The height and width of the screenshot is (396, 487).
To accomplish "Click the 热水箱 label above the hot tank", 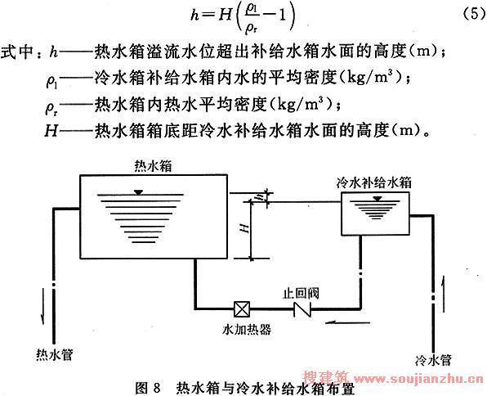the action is point(153,166).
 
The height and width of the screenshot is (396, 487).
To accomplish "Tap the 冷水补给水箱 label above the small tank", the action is point(374,182).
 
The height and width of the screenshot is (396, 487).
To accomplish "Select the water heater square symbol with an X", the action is point(242,309).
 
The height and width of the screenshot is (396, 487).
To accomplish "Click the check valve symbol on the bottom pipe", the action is point(302,309).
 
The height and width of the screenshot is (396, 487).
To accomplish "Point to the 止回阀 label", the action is point(301,294).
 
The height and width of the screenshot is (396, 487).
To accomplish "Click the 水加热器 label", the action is point(247,329).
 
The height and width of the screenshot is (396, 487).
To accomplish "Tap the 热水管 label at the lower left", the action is point(55,354).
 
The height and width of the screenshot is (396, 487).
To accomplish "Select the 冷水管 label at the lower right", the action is point(433,360).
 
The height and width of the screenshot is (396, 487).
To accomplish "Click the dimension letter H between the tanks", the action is point(245,228).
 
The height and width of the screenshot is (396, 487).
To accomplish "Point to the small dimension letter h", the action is point(261,197).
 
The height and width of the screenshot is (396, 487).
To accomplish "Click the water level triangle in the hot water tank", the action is point(139,192).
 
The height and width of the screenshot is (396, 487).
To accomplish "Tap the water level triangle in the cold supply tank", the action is point(378,199).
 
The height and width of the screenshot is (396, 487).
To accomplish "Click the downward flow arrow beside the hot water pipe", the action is point(42,307).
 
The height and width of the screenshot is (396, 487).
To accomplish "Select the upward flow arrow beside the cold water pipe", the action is point(442,293).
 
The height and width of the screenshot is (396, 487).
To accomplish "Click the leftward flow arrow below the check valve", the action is point(347,323).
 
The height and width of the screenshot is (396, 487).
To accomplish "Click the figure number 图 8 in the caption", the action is point(148,388).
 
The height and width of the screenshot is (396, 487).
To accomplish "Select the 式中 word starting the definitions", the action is point(16,52).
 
